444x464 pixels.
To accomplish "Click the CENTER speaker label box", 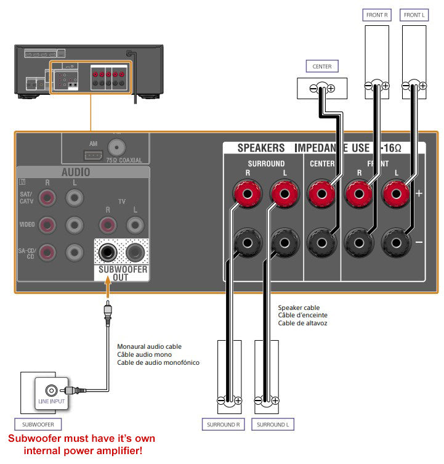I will click(321, 67).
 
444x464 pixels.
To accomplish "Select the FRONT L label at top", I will click(414, 14).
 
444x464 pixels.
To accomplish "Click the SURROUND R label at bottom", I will click(222, 425).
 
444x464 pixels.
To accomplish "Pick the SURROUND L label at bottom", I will click(271, 425).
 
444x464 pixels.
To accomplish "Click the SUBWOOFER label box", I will click(38, 425).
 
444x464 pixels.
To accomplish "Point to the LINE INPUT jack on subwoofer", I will click(51, 390).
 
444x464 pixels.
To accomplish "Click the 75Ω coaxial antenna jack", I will click(115, 147).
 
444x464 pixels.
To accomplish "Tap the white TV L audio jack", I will click(135, 225).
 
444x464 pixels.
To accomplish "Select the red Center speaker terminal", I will click(321, 195).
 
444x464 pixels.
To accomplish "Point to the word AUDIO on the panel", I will click(75, 173).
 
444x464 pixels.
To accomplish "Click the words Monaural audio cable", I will click(150, 346).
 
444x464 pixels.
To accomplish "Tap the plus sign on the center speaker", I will click(331, 88).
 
